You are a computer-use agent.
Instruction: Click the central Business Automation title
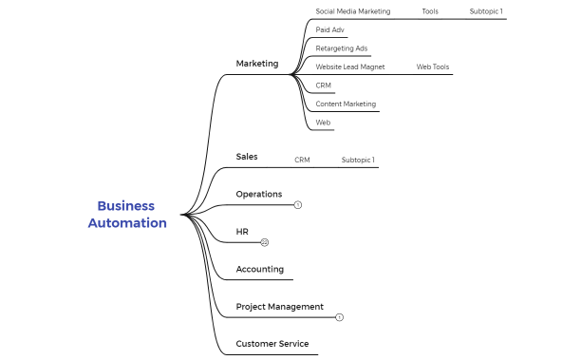point(127,215)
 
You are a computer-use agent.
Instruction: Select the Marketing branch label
point(257,64)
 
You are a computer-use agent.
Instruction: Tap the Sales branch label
point(247,157)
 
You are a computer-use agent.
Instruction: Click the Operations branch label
point(259,194)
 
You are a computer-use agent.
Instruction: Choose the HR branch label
point(242,232)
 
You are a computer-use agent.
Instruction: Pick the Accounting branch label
point(260,269)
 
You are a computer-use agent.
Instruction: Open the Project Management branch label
point(280,307)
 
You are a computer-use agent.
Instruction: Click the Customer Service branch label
point(272,344)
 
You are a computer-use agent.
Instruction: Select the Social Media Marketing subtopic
point(353,11)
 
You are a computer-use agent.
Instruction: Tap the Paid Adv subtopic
point(330,29)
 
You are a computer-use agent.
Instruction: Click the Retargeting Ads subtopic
point(342,48)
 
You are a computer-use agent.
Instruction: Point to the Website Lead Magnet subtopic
point(350,67)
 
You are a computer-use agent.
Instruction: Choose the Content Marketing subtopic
point(346,104)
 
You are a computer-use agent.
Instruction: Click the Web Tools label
point(433,67)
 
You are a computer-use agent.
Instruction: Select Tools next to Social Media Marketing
point(430,11)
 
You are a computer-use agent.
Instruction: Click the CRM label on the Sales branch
point(302,160)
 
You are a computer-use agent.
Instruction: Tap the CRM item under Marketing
point(324,85)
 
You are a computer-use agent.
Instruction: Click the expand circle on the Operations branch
point(297,205)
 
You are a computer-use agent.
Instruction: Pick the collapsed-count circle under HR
point(265,243)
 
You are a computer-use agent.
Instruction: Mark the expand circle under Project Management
point(340,317)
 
